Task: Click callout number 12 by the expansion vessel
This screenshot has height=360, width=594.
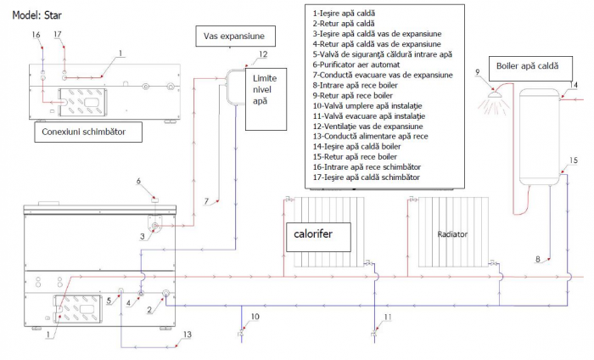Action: [262, 53]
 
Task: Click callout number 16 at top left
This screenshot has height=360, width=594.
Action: [36, 35]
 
